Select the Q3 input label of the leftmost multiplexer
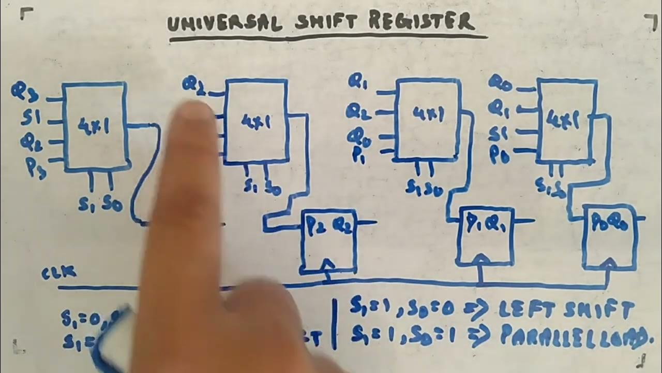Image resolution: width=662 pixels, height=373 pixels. (x=25, y=92)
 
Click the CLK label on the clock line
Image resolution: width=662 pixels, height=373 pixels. (x=59, y=273)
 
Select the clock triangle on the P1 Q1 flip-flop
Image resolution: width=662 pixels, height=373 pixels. (x=480, y=259)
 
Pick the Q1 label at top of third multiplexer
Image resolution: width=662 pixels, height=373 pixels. (x=358, y=81)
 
